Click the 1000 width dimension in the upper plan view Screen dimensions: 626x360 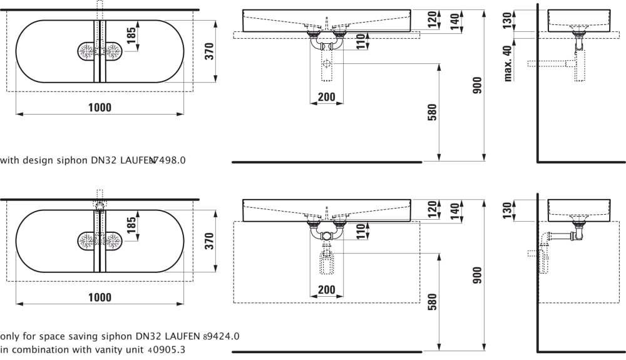[100, 107]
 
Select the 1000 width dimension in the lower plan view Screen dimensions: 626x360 [100, 297]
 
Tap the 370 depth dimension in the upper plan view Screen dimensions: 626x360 [209, 51]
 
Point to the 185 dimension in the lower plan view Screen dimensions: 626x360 [131, 225]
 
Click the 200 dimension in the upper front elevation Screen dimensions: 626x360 [327, 97]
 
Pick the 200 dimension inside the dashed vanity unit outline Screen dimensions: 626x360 [327, 290]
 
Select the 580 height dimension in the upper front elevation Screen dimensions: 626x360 [432, 112]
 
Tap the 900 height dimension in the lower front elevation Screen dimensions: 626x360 [477, 275]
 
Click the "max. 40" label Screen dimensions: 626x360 [508, 63]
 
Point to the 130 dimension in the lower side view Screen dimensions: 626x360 [507, 210]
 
